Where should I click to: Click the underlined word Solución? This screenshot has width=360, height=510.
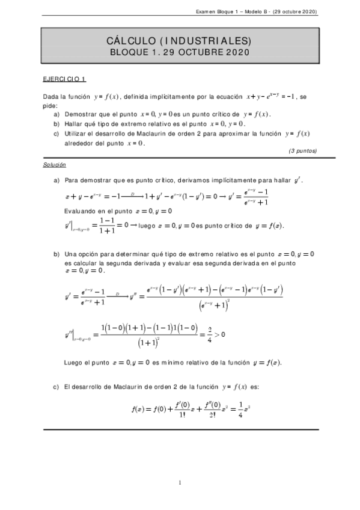tap(55, 164)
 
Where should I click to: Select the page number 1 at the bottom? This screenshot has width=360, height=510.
tap(180, 482)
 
